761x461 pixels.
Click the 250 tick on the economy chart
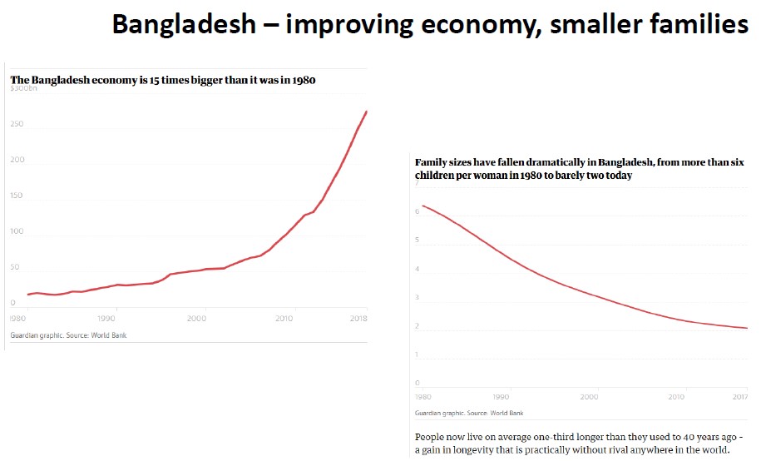click(x=17, y=125)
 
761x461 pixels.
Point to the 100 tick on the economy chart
click(x=17, y=230)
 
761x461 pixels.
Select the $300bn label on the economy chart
click(x=24, y=88)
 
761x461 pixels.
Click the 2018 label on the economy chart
click(x=358, y=319)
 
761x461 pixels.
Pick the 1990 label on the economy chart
click(x=106, y=319)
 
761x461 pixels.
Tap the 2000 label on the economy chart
click(x=196, y=319)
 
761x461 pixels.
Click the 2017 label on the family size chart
click(x=739, y=397)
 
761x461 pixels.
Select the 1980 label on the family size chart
click(x=423, y=397)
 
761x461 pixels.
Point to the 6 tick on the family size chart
click(x=418, y=212)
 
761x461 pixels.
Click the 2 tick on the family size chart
click(x=418, y=327)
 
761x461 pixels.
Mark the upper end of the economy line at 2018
click(x=366, y=112)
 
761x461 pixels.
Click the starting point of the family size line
click(x=423, y=206)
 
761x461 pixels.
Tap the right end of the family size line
click(x=747, y=329)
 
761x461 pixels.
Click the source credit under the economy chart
click(x=68, y=335)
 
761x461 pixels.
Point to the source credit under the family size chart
click(x=469, y=413)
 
